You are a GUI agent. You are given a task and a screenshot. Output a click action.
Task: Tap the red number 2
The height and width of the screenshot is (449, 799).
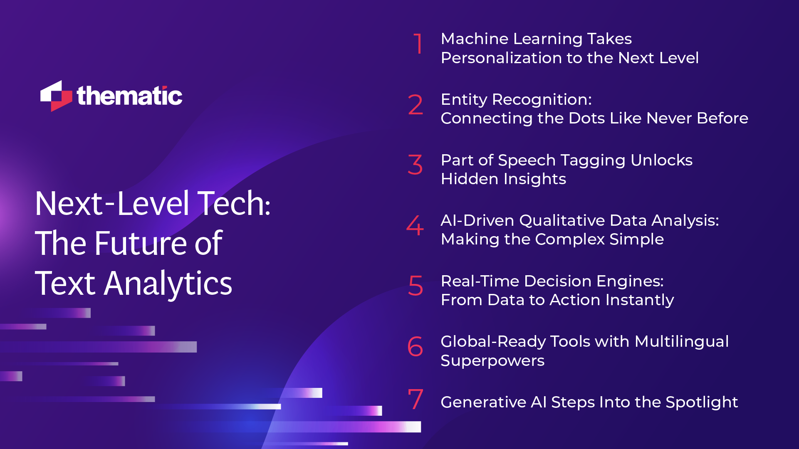(415, 104)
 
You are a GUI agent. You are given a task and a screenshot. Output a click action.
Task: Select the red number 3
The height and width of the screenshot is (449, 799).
(415, 165)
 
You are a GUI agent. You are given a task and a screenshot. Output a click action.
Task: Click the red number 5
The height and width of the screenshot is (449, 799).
(415, 286)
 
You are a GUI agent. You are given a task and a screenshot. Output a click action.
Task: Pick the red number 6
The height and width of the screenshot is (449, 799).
(415, 346)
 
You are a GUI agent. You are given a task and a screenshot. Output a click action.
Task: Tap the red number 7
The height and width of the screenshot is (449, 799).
(415, 399)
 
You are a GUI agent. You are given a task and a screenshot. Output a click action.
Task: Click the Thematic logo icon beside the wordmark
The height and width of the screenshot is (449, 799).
(56, 96)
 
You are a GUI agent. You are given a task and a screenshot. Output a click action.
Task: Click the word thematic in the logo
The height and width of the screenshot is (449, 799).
(129, 96)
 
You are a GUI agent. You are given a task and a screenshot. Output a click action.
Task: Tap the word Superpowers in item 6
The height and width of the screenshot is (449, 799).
(492, 360)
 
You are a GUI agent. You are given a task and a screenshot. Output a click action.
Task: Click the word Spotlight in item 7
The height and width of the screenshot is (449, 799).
(701, 402)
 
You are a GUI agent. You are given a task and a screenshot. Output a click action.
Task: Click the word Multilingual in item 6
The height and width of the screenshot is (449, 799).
(681, 341)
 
